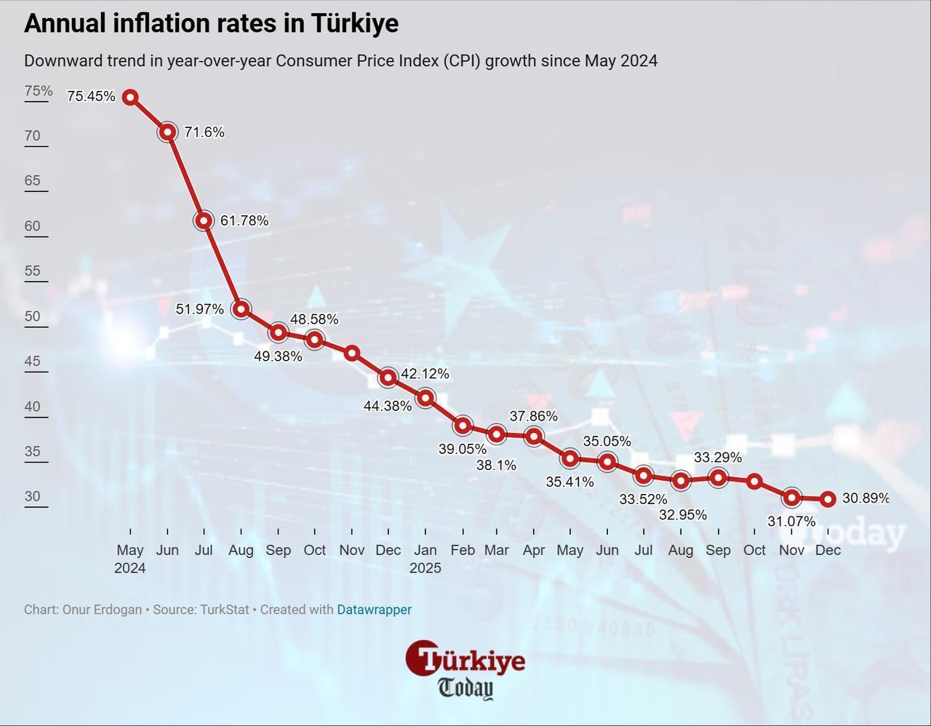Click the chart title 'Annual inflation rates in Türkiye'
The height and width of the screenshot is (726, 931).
pyautogui.click(x=211, y=23)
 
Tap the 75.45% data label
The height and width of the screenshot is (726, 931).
pyautogui.click(x=91, y=96)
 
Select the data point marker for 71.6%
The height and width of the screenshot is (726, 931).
pyautogui.click(x=167, y=132)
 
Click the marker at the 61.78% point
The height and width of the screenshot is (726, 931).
pyautogui.click(x=204, y=220)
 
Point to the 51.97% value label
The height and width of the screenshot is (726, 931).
pyautogui.click(x=200, y=309)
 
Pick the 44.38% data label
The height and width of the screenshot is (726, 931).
pyautogui.click(x=387, y=406)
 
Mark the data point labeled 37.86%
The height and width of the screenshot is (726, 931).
pyautogui.click(x=534, y=436)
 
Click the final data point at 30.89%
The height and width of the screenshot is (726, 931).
pyautogui.click(x=828, y=499)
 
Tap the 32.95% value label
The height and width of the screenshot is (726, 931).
pyautogui.click(x=682, y=515)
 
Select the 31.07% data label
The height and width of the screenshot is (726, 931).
pyautogui.click(x=791, y=522)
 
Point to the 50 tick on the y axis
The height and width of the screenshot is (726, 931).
pyautogui.click(x=33, y=316)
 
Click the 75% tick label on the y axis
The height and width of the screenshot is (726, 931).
pyautogui.click(x=39, y=91)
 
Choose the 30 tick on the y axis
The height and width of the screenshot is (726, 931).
pyautogui.click(x=33, y=497)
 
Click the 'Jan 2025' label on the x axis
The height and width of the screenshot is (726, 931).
pyautogui.click(x=425, y=559)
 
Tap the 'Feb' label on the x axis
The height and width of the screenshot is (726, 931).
pyautogui.click(x=463, y=550)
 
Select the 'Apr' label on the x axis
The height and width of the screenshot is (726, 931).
pyautogui.click(x=534, y=550)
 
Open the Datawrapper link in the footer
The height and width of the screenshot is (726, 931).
pyautogui.click(x=374, y=610)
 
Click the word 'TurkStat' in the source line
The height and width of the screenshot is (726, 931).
pyautogui.click(x=223, y=610)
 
